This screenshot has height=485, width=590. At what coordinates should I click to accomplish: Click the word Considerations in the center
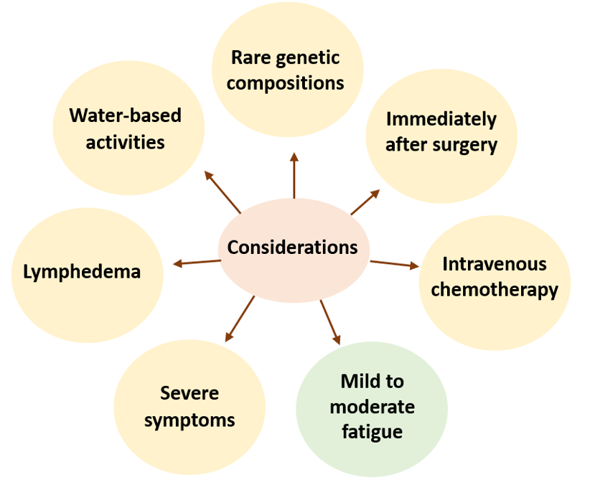pyautogui.click(x=292, y=248)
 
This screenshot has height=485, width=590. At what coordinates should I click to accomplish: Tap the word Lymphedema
pyautogui.click(x=82, y=272)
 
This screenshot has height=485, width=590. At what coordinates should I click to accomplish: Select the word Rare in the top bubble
pyautogui.click(x=250, y=57)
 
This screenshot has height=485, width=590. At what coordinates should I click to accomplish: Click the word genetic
pyautogui.click(x=308, y=59)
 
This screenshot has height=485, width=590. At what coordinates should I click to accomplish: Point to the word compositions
pyautogui.click(x=285, y=83)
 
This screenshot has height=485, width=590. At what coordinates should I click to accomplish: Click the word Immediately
pyautogui.click(x=441, y=120)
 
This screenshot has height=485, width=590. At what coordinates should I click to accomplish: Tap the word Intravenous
pyautogui.click(x=495, y=264)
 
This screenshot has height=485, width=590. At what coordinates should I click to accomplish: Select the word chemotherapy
pyautogui.click(x=495, y=290)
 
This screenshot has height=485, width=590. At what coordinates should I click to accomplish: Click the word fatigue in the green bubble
pyautogui.click(x=372, y=432)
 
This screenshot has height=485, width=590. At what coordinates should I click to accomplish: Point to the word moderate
pyautogui.click(x=372, y=407)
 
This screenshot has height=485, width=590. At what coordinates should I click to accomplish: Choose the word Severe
pyautogui.click(x=189, y=393)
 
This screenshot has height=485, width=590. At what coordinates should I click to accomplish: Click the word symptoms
pyautogui.click(x=189, y=420)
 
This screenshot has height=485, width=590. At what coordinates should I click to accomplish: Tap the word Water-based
pyautogui.click(x=126, y=115)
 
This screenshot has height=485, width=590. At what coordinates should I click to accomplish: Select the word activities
pyautogui.click(x=126, y=143)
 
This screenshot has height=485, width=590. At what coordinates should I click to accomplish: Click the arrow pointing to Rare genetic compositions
pyautogui.click(x=294, y=175)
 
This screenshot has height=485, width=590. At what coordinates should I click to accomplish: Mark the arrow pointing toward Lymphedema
pyautogui.click(x=197, y=262)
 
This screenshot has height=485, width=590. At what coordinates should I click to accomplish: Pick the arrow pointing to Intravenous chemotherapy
pyautogui.click(x=394, y=263)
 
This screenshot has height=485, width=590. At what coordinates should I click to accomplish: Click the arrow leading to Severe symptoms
pyautogui.click(x=240, y=319)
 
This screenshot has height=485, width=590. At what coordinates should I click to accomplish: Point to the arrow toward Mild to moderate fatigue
pyautogui.click(x=330, y=322)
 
